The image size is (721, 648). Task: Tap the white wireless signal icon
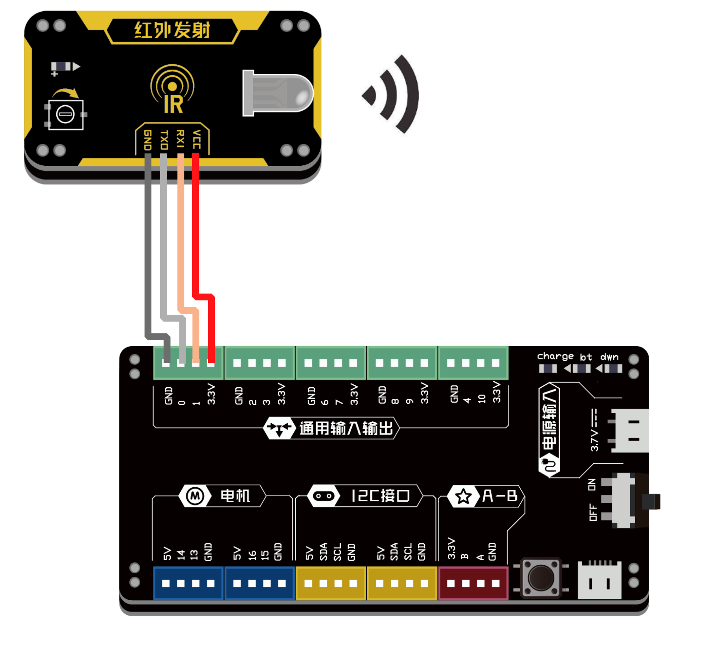tap(389, 97)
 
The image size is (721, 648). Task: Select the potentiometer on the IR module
tap(65, 115)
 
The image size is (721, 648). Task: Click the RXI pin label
tap(181, 139)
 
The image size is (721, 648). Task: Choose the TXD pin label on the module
tap(164, 139)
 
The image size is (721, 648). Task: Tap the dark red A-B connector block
tap(473, 583)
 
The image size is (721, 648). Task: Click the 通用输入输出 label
tap(346, 428)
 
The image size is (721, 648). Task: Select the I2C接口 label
tap(380, 496)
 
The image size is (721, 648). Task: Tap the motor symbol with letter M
tap(195, 496)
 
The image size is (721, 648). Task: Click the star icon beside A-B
tap(463, 496)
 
